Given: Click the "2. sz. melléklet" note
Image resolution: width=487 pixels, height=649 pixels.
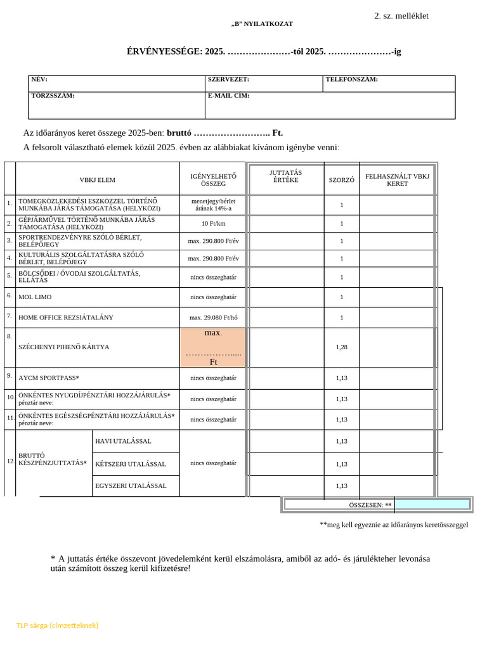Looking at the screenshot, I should point(401,16).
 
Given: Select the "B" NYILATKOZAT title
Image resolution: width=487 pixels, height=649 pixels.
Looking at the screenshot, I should point(262,24).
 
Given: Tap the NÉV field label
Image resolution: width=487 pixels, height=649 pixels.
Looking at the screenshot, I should point(39,80).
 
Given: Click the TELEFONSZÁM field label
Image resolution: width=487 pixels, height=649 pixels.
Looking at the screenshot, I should point(351,80).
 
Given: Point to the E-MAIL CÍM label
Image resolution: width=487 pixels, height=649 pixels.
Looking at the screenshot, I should point(228,96).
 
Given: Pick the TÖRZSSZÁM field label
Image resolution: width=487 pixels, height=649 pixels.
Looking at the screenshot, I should point(53,96).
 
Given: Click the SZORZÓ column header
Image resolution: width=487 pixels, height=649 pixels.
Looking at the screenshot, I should point(341,180).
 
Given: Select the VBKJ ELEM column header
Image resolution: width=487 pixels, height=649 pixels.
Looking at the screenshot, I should point(97,180).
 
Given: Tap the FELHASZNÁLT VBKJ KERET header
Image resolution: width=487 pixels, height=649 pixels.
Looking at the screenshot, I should point(397,179).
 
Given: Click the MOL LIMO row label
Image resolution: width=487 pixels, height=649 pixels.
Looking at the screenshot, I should point(35,297).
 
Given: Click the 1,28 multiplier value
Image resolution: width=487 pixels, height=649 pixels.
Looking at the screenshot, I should point(341,347).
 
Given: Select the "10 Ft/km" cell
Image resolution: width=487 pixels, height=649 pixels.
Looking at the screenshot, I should point(213,224).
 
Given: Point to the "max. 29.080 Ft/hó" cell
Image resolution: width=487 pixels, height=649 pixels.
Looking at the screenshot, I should point(213,318).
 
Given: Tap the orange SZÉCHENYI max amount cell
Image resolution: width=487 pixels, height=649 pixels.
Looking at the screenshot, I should point(213,347).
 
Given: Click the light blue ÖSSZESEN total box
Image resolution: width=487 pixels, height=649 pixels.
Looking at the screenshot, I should point(432,504).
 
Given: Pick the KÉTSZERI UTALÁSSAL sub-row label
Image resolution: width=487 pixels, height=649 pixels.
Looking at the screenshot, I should point(130,464).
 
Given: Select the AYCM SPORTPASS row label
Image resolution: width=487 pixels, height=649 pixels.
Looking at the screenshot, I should point(49,378).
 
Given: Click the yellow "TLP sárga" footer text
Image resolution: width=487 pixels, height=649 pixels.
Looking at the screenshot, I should point(57,626).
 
